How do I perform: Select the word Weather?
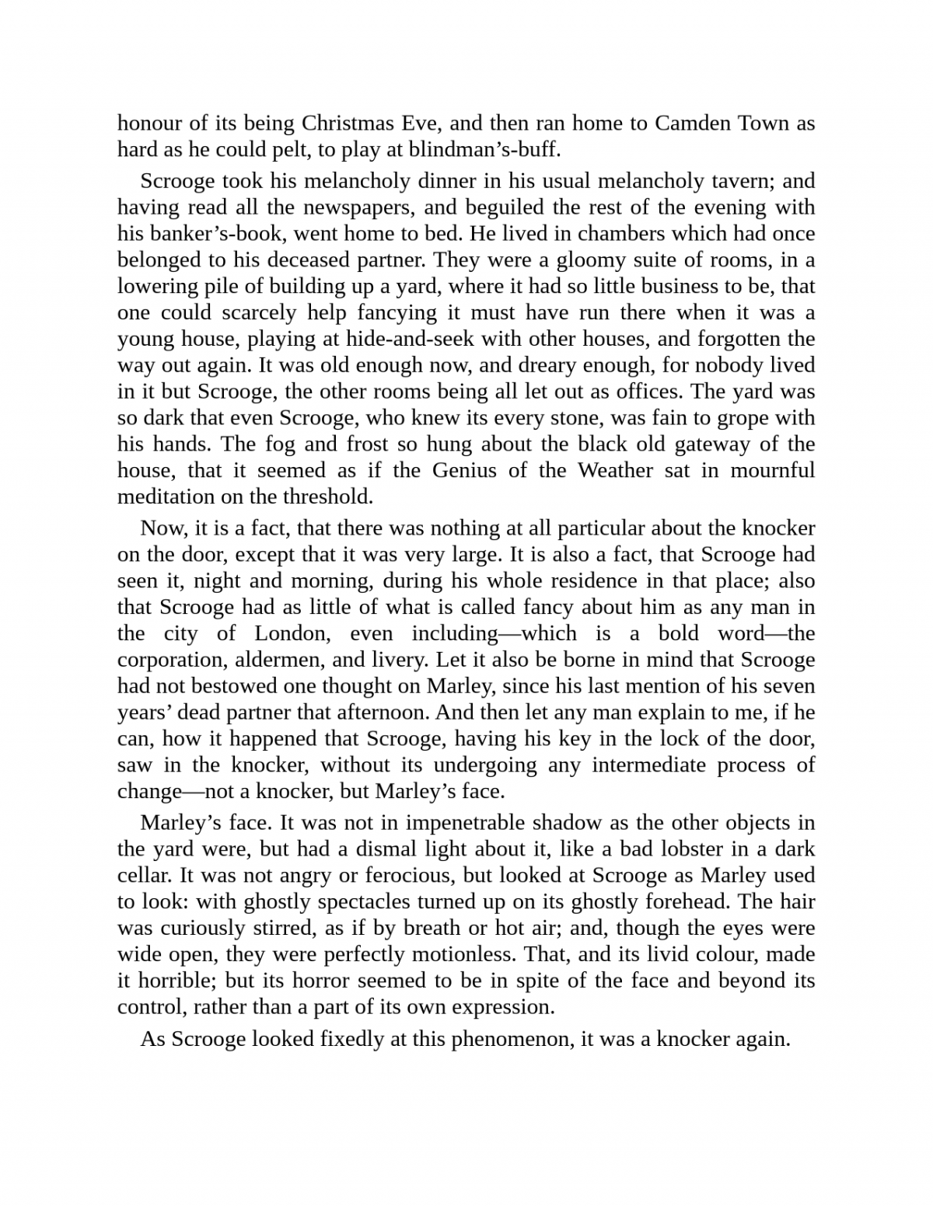pyautogui.click(x=615, y=470)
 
